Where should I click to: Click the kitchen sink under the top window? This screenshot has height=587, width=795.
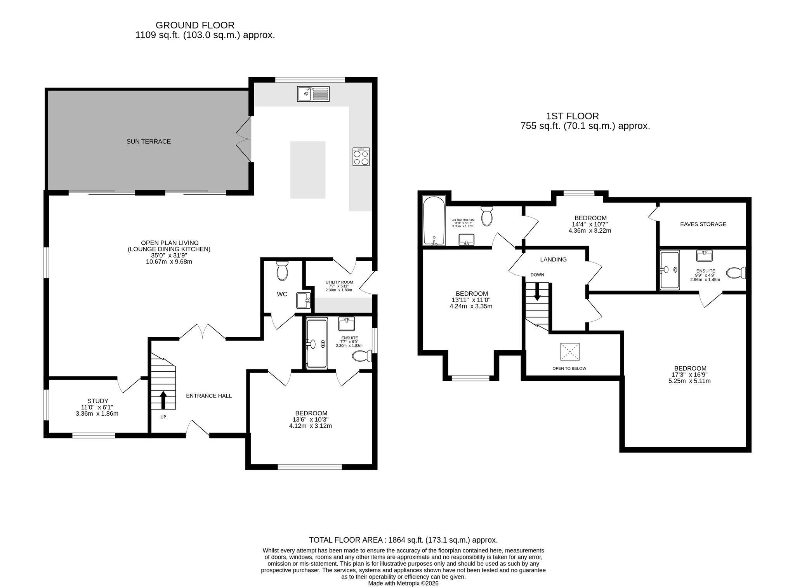click(313, 94)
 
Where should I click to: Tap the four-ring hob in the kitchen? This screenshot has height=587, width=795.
click(361, 157)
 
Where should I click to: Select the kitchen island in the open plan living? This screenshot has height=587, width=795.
click(308, 170)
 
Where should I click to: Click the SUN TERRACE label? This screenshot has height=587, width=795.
click(149, 141)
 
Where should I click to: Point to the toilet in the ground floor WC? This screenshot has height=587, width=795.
click(282, 271)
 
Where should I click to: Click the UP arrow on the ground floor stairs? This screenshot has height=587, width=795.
click(163, 400)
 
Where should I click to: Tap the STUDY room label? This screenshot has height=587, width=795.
click(98, 401)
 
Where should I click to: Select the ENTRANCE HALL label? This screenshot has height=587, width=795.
click(209, 396)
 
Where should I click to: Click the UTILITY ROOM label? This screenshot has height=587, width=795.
click(339, 282)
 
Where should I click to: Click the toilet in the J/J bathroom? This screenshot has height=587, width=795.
click(487, 216)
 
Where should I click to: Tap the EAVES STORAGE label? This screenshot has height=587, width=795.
click(703, 224)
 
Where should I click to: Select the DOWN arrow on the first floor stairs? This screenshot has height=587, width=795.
click(537, 291)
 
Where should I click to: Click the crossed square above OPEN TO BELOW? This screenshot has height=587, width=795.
click(570, 352)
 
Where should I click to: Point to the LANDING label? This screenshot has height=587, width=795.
click(554, 260)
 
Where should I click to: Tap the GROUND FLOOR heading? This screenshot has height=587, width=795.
click(195, 25)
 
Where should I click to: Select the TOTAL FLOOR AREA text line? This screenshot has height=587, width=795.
click(403, 540)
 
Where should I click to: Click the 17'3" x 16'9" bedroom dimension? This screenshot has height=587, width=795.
click(691, 375)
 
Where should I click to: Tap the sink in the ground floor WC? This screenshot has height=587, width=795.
click(304, 301)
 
